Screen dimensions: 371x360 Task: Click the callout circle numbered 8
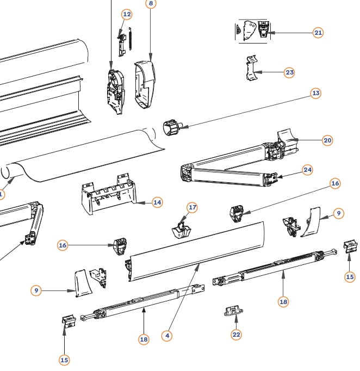[x=151, y=3]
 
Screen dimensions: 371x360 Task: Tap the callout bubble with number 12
[x=126, y=14]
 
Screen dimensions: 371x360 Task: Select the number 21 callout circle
[x=318, y=33]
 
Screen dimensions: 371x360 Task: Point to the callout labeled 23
[x=289, y=72]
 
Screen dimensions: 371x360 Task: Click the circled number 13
[x=315, y=94]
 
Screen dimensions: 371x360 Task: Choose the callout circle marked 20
[x=327, y=140]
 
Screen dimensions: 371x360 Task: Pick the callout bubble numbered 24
[x=308, y=170]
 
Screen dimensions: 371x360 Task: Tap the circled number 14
[x=157, y=202]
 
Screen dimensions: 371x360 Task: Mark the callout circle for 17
[x=192, y=207]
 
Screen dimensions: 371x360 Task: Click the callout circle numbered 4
[x=167, y=336]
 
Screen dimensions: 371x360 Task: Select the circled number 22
[x=236, y=335]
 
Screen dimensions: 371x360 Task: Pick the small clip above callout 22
[x=232, y=311]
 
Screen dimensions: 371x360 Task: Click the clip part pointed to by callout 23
[x=251, y=70]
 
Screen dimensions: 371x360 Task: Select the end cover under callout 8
[x=145, y=84]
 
